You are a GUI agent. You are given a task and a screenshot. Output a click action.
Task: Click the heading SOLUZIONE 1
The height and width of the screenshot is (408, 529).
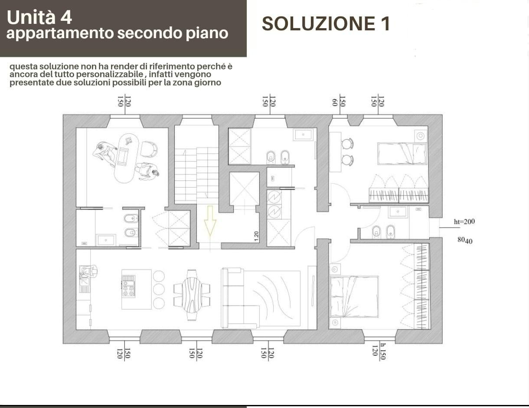pos(326,24)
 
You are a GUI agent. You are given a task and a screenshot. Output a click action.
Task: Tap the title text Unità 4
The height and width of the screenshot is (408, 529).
pos(39,17)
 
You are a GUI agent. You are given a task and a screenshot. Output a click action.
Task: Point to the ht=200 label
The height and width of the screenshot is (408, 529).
pos(464,222)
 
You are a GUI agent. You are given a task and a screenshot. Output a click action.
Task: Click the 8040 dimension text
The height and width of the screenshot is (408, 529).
pos(465,240)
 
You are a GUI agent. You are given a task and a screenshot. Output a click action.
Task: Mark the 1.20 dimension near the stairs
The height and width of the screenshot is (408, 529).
pos(257,235)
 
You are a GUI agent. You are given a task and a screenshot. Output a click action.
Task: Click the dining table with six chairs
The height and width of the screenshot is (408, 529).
pos(192,295)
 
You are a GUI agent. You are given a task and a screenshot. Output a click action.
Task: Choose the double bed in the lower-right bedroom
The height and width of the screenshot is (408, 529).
pos(354,297)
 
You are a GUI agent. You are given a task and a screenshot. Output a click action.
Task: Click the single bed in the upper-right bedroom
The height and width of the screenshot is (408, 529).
pos(402,154)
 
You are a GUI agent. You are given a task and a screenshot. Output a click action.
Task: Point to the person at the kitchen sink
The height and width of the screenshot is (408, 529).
pos(88,272)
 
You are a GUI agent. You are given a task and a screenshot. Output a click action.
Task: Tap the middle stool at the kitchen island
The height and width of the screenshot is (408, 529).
pos(159,289)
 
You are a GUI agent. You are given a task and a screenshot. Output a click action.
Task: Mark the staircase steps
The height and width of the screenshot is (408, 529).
pos(196,173)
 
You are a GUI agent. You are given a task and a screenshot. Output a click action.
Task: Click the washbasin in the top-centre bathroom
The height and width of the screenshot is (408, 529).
pos(303,134)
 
